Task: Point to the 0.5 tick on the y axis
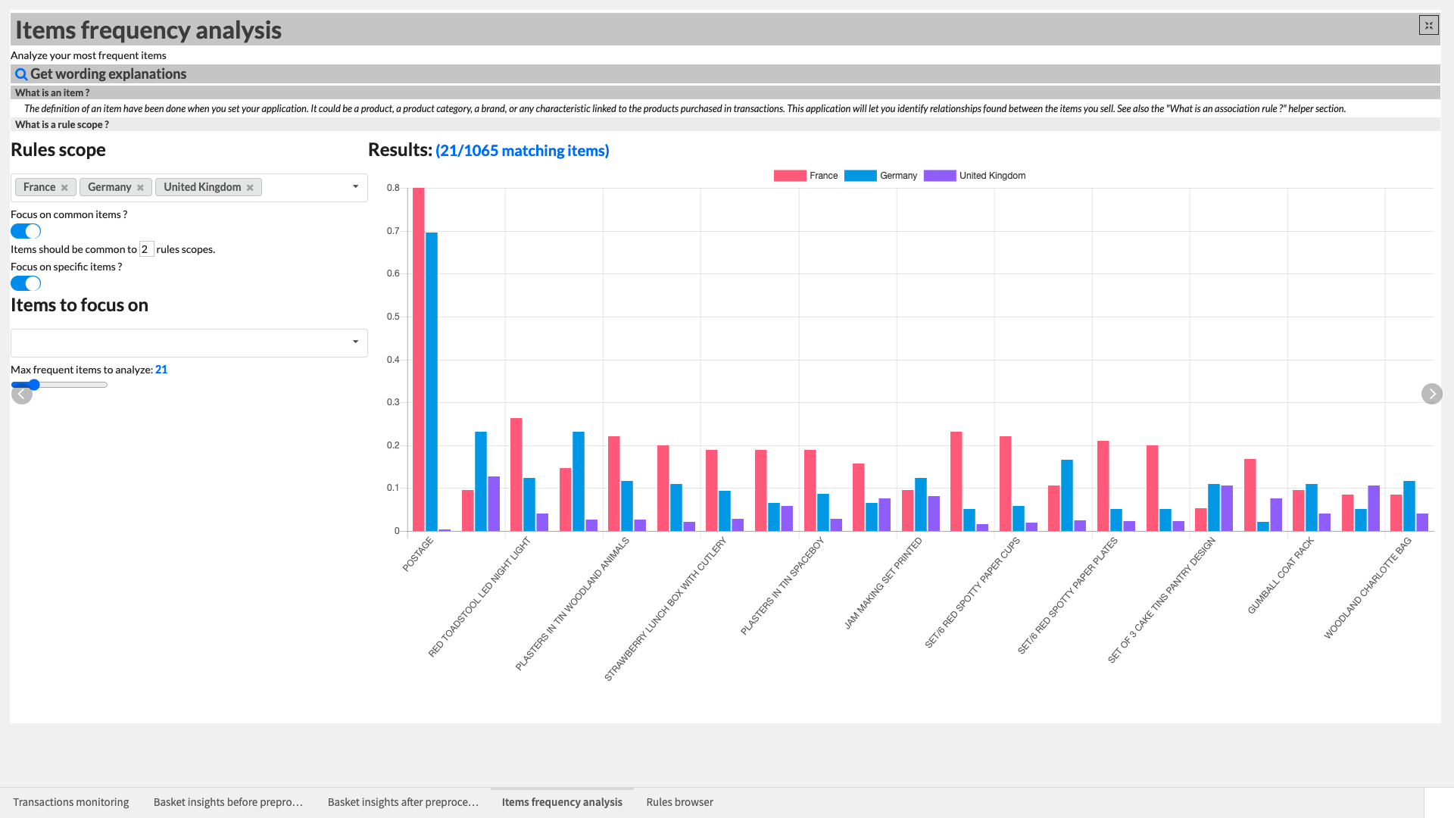click(393, 317)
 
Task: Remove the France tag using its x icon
click(64, 188)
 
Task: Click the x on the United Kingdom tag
click(250, 188)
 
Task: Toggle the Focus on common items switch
click(26, 231)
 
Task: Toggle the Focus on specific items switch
click(26, 283)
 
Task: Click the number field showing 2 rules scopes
click(146, 249)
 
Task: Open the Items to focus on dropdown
click(189, 342)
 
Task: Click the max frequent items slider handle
click(34, 385)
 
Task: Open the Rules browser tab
click(679, 802)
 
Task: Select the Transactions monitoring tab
click(71, 802)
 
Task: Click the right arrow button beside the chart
click(1431, 394)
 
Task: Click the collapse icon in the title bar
click(1428, 26)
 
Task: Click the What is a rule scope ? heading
click(62, 124)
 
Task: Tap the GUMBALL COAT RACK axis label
click(1281, 576)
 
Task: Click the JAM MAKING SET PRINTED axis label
click(883, 583)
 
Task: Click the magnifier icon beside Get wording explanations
click(21, 74)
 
